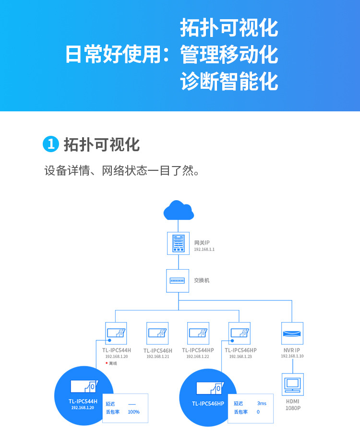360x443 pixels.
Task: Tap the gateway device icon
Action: coord(178,243)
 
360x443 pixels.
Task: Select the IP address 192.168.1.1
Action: coord(204,249)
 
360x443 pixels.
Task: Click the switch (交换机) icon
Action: coord(178,281)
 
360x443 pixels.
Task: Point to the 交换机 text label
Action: coord(202,280)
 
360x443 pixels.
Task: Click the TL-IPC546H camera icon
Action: coord(157,334)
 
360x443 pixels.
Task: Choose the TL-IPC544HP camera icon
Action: coord(198,334)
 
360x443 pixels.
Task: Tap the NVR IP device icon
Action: coord(292,334)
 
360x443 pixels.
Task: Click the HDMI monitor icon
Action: coord(293,384)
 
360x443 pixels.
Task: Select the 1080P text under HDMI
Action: coord(293,408)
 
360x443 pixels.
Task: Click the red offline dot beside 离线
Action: coord(107,363)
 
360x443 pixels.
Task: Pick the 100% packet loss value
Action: coord(133,412)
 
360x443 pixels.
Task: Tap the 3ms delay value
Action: coord(262,403)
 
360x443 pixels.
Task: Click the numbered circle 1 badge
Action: coord(51,144)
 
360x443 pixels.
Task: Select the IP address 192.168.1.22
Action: coord(198,357)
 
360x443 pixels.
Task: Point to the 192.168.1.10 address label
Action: coord(292,356)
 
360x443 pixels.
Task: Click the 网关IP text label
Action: coord(202,242)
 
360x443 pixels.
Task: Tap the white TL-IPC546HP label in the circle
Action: coord(208,404)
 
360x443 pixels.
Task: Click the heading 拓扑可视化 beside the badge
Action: coord(102,144)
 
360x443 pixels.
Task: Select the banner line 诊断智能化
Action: coord(229,82)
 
